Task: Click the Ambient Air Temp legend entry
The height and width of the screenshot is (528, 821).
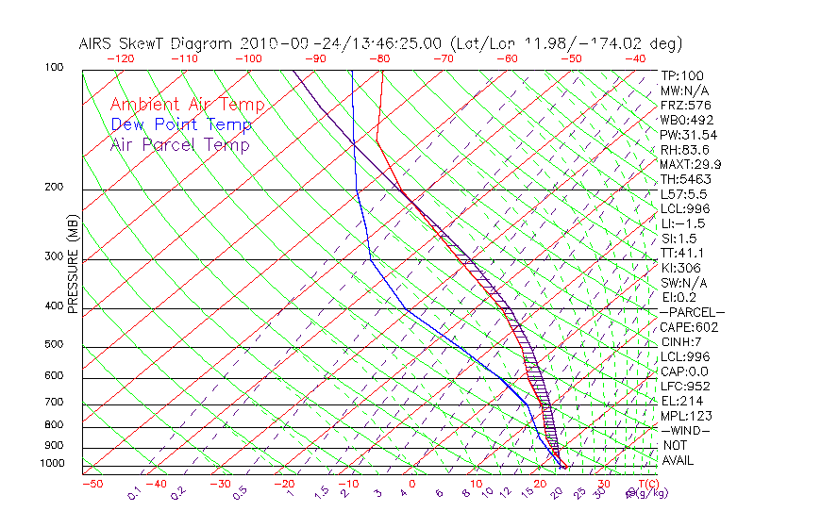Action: [x=187, y=105]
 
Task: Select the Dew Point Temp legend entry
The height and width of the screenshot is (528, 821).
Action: [x=181, y=124]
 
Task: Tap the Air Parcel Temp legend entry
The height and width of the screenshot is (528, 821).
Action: [x=179, y=144]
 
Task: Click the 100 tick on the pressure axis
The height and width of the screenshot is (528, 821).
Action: [x=54, y=68]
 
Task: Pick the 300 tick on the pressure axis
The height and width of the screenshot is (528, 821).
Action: [x=54, y=256]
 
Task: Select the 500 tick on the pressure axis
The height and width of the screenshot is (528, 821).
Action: [x=54, y=345]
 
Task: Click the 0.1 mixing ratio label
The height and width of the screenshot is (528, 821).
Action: [x=134, y=492]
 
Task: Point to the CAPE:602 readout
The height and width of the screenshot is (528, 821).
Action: [x=689, y=327]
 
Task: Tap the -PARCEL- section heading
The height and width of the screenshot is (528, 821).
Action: [x=692, y=312]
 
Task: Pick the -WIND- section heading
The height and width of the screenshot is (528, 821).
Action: [x=685, y=430]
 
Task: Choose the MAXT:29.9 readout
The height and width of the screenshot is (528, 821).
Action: [x=689, y=164]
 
